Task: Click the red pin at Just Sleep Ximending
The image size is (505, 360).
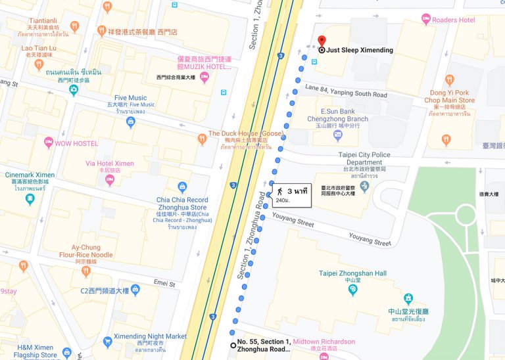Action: pyautogui.click(x=322, y=40)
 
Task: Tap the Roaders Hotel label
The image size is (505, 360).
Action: pyautogui.click(x=453, y=20)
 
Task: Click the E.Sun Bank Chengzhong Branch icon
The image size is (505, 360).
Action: pyautogui.click(x=338, y=135)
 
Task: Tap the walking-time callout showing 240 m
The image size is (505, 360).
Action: pyautogui.click(x=288, y=195)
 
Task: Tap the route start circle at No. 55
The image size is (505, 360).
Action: pyautogui.click(x=233, y=345)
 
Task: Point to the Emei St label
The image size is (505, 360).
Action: pyautogui.click(x=164, y=284)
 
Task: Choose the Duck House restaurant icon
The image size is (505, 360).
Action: pyautogui.click(x=202, y=139)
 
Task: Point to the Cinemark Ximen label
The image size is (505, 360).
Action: pyautogui.click(x=30, y=175)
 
